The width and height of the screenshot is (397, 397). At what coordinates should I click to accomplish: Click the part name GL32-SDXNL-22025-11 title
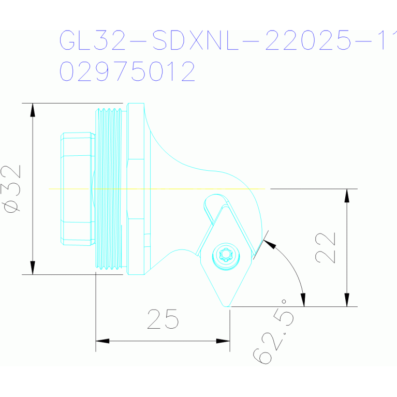228,40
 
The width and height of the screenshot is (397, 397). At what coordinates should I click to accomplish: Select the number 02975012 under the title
128,71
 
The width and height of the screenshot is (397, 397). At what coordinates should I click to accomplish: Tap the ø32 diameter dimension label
12,188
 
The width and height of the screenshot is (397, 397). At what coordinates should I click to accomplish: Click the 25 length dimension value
163,319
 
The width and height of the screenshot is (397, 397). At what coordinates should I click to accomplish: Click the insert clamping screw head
226,255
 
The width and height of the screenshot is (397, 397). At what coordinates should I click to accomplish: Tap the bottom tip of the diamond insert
227,305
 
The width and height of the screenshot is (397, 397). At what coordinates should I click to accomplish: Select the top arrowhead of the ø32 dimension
33,109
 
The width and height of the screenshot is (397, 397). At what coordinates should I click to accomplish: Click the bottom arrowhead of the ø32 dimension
33,268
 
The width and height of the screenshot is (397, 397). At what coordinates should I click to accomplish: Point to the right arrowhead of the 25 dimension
223,341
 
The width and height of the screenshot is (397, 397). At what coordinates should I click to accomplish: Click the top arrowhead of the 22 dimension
347,195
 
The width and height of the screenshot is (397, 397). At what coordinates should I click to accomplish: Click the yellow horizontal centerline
155,188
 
